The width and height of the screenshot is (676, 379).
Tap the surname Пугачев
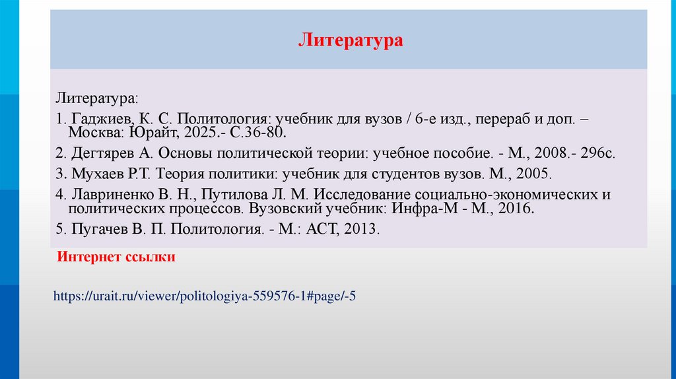click(x=98, y=230)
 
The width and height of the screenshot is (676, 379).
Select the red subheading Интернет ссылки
click(x=116, y=257)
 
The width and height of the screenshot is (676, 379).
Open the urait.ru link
click(x=205, y=296)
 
